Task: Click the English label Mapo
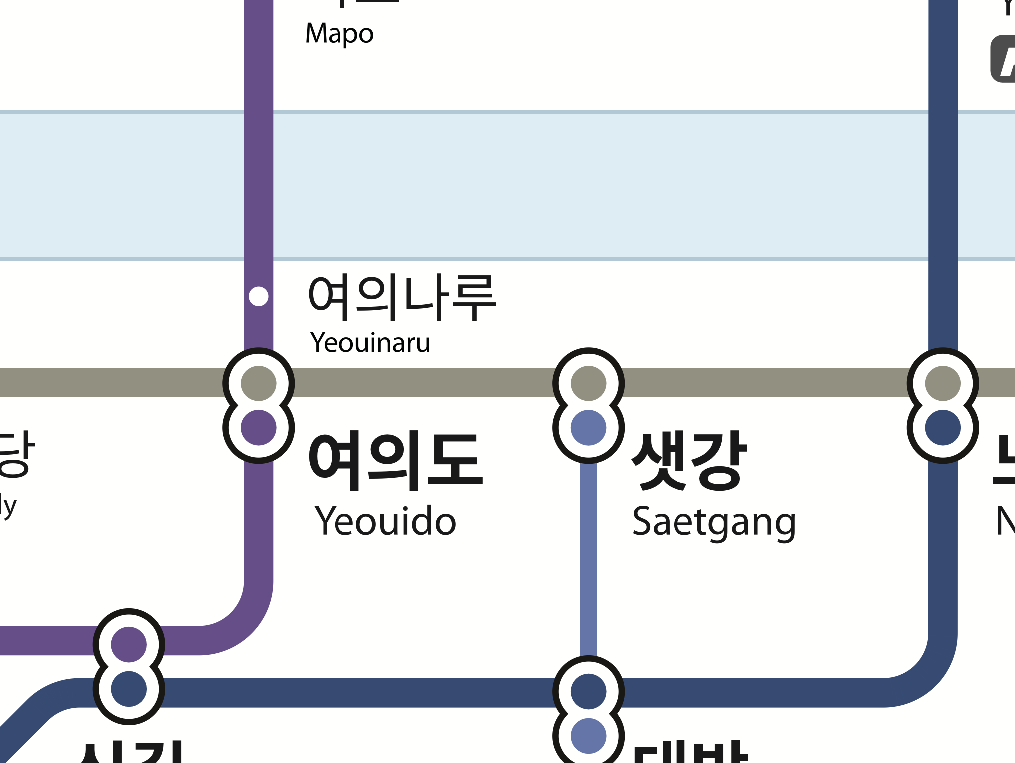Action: point(339,34)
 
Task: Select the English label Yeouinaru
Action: point(370,343)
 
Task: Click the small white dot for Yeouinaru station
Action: point(258,296)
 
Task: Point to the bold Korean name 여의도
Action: point(396,461)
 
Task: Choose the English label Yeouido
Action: point(385,521)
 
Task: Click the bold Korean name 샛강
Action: point(689,461)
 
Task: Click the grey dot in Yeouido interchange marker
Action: point(258,383)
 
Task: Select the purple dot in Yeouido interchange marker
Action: point(258,428)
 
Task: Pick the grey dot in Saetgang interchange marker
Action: point(588,383)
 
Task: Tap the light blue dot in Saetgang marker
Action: point(588,428)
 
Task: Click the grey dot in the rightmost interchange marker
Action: point(943,383)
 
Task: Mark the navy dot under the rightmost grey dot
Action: point(943,428)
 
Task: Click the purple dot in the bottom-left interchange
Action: point(129,645)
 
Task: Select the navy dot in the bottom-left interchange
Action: point(129,689)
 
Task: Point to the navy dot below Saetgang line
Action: point(588,692)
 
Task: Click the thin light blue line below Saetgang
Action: point(588,559)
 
